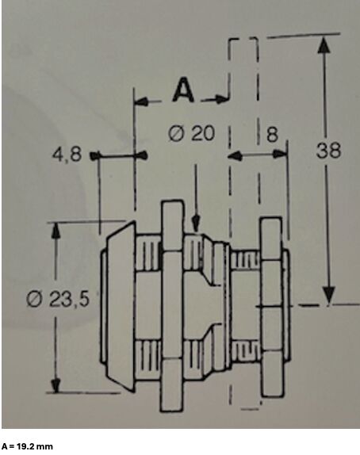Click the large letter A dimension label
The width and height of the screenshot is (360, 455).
[x=183, y=90]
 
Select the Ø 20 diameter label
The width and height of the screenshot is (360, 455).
[x=192, y=133]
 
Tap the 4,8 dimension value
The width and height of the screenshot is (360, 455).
[x=67, y=154]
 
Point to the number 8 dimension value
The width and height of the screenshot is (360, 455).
[x=272, y=134]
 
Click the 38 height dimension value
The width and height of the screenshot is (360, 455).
[x=328, y=151]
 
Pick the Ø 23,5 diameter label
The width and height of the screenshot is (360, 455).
[x=57, y=299]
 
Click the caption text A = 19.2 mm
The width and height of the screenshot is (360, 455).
[x=27, y=446]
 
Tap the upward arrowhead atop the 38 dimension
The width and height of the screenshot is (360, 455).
[x=324, y=45]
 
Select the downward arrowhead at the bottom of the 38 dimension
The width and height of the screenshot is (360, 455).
[x=328, y=296]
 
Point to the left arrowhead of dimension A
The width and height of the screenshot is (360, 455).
[x=142, y=101]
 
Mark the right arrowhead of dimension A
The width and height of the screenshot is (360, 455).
[x=221, y=99]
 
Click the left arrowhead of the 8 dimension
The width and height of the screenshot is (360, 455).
[x=236, y=156]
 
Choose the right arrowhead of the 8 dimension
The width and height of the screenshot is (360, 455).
[x=280, y=154]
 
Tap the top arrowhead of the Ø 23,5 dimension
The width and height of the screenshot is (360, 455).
[x=56, y=231]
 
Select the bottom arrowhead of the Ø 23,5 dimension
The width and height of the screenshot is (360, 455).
[x=56, y=384]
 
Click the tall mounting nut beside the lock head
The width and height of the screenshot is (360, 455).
[x=172, y=306]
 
